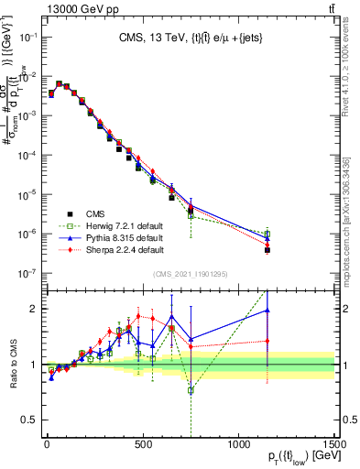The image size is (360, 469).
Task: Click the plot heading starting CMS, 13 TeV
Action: click(x=189, y=38)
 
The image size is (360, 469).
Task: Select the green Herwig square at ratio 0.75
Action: click(x=191, y=390)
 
